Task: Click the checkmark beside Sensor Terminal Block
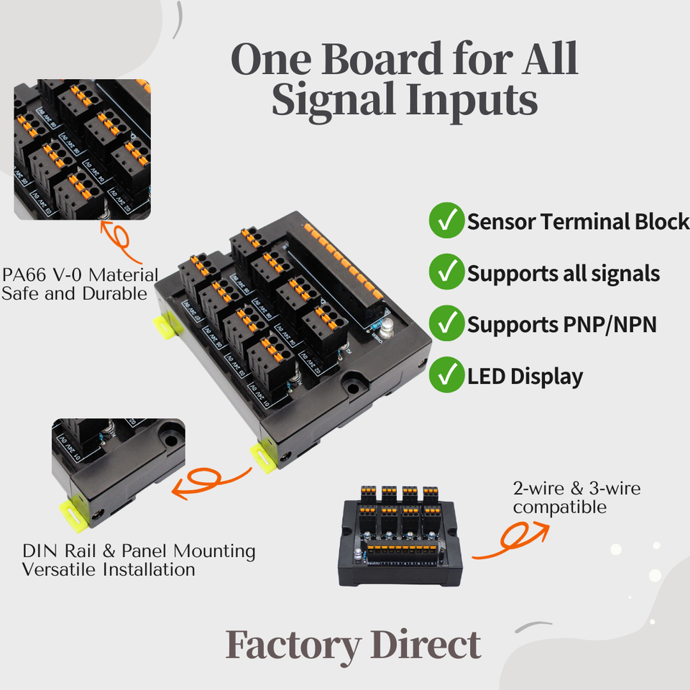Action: (x=446, y=221)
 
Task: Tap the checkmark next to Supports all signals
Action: (x=446, y=272)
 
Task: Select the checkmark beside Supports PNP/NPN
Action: (x=446, y=323)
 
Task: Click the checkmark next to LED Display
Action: (x=446, y=375)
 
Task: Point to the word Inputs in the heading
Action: (x=471, y=101)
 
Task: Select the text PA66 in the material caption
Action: (x=22, y=275)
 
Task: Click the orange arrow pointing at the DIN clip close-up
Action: (x=213, y=484)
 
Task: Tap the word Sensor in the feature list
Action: (x=502, y=221)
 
